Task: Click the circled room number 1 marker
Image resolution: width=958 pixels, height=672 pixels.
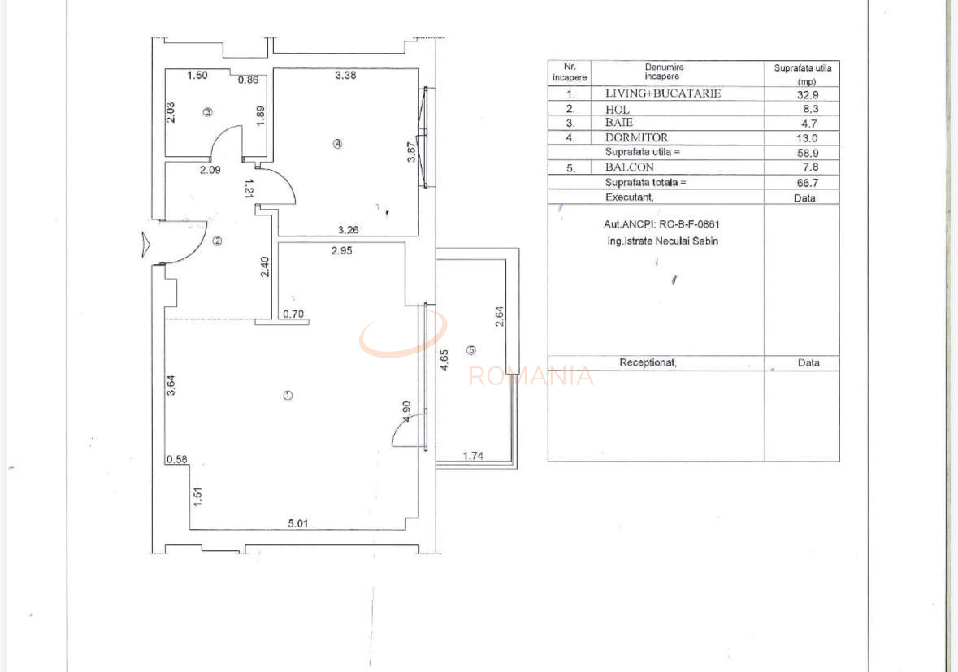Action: (288, 396)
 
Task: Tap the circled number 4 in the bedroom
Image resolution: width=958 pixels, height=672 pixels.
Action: (338, 144)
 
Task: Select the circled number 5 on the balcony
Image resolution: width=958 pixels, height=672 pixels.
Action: (471, 350)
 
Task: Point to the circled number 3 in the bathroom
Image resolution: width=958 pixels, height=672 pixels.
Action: (208, 112)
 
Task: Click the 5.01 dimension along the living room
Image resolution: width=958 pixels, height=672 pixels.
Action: (297, 523)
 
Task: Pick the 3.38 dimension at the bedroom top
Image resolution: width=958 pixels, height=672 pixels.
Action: (345, 76)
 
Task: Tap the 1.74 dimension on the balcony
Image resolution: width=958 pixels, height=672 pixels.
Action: (473, 456)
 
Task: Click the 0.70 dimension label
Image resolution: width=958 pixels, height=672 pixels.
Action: (293, 314)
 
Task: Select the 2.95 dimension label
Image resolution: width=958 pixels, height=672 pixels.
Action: (341, 251)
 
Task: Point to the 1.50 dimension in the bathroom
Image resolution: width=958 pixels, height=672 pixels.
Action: (197, 76)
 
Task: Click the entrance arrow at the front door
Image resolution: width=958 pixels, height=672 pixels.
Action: (145, 244)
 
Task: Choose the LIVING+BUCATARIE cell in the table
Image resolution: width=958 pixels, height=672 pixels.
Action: (662, 93)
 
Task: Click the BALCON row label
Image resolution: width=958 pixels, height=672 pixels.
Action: (629, 167)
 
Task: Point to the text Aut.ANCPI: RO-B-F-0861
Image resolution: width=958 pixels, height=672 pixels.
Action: (661, 224)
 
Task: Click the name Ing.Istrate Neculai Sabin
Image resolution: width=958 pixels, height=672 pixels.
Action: (661, 241)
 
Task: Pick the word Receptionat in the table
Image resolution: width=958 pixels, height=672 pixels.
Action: (648, 363)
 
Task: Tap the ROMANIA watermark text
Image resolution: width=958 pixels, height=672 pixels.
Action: (531, 376)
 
